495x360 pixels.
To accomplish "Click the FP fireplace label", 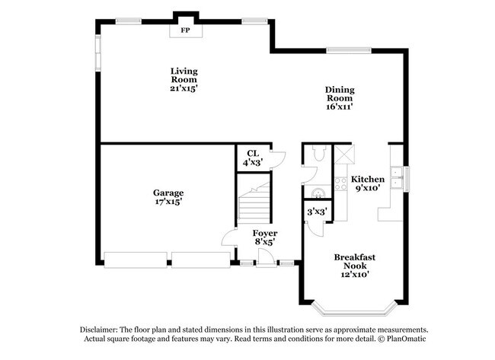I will point(184,31).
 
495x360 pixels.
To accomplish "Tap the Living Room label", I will point(184,75).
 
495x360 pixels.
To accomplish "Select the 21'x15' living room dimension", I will point(184,88).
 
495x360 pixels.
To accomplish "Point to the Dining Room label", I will point(340,94).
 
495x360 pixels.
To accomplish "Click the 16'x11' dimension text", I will point(340,107).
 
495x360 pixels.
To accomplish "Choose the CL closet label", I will point(251,154).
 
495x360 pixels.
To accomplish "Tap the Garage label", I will point(168,193).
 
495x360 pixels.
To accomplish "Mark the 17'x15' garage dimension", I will point(168,202).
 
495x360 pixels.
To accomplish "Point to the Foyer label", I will point(264,233).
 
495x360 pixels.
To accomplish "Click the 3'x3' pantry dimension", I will point(316,211).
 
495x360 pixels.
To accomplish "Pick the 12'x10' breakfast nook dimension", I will point(355,275).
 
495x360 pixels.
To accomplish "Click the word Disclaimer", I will point(101,329).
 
